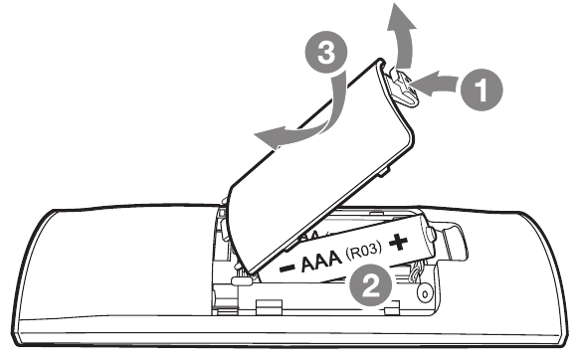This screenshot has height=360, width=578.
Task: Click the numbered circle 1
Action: click(482, 90)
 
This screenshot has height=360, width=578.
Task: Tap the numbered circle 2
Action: click(370, 284)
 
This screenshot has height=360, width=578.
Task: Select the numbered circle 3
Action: click(326, 54)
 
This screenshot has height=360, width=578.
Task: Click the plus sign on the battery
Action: click(398, 242)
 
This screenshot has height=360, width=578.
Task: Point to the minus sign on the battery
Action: click(288, 268)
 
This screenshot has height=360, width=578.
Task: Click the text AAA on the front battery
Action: click(321, 260)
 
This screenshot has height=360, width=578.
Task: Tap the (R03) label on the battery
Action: click(363, 252)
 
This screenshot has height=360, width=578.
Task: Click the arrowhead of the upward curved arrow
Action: click(402, 17)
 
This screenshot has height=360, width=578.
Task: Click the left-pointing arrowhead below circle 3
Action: click(269, 136)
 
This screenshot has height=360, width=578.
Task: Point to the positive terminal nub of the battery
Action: click(430, 235)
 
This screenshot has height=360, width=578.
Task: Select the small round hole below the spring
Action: click(425, 294)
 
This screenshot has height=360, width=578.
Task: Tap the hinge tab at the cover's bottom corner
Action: click(242, 280)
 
